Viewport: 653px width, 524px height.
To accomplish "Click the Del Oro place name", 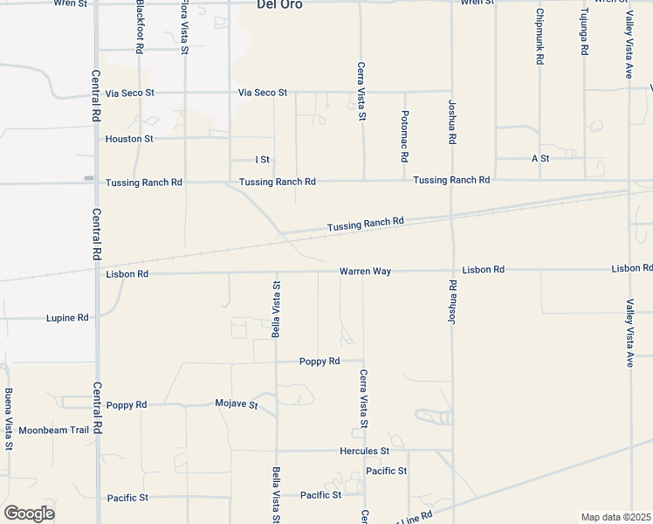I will [278, 4].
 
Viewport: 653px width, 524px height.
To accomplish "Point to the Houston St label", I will [129, 139].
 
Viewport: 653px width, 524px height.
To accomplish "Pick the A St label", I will [540, 159].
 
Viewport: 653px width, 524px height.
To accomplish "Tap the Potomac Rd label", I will [405, 136].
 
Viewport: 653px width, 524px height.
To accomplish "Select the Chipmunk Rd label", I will [540, 37].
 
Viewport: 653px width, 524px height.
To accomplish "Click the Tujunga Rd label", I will [585, 34].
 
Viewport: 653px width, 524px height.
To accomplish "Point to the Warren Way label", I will [366, 272].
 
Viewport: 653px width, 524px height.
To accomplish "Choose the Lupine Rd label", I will [67, 319].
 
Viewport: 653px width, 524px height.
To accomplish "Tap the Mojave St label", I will [237, 404].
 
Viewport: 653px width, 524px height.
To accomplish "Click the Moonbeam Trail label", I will [54, 431].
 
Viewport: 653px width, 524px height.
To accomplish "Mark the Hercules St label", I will [364, 452].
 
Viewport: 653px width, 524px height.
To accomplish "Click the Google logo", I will [29, 514].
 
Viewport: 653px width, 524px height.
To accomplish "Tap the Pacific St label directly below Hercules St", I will [387, 472].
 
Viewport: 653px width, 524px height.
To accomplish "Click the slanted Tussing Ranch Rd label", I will [365, 224].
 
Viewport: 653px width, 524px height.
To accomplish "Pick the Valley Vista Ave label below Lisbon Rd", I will [629, 333].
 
